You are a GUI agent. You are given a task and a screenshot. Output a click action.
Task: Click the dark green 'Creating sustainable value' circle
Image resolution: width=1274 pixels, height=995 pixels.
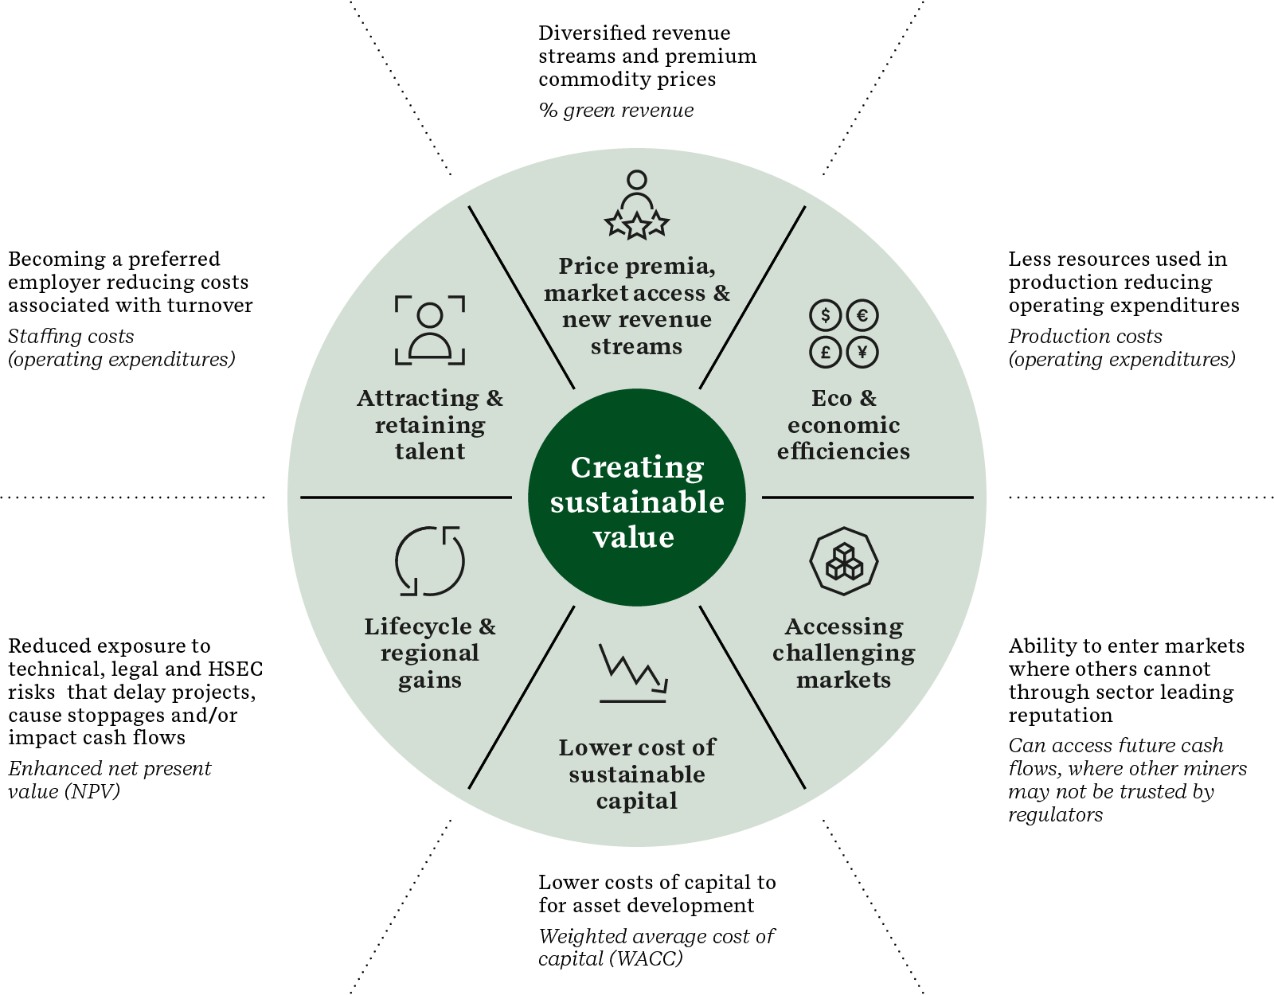pos(636,498)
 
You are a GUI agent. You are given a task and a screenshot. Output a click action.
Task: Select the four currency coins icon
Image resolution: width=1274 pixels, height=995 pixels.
pos(844,334)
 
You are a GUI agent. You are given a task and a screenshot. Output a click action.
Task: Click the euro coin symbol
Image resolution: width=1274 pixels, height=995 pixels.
pos(862,315)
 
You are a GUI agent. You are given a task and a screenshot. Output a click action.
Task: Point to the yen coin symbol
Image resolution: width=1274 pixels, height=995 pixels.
pos(862,351)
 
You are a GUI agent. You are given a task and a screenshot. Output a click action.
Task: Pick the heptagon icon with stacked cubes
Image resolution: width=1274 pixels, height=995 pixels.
pos(844,561)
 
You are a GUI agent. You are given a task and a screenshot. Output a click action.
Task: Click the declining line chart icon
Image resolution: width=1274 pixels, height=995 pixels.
pos(633,673)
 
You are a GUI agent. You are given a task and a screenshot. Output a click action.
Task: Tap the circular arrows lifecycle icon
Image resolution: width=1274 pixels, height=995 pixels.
pos(430,560)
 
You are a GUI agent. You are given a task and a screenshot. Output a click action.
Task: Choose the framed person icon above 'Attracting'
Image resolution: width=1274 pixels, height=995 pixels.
pos(430,330)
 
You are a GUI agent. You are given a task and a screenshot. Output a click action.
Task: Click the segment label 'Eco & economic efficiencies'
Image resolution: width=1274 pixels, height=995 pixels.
pos(844,424)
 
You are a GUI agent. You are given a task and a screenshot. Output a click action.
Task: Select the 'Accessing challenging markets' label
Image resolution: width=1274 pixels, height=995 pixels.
pos(844,653)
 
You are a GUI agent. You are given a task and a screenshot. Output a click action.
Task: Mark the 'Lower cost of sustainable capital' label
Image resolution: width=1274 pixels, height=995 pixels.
pos(637,774)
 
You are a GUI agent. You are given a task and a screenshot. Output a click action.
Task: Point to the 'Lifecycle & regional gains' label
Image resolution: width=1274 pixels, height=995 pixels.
pos(430,653)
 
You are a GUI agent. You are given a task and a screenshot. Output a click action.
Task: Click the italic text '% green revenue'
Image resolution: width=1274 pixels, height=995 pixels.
pos(616,111)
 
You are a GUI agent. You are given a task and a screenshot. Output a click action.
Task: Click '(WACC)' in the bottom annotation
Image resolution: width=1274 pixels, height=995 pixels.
pos(646,959)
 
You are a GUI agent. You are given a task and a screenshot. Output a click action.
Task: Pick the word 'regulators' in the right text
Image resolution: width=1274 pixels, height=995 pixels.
pos(1056,815)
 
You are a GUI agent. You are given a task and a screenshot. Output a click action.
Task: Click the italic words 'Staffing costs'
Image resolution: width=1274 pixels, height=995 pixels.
pos(71,337)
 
